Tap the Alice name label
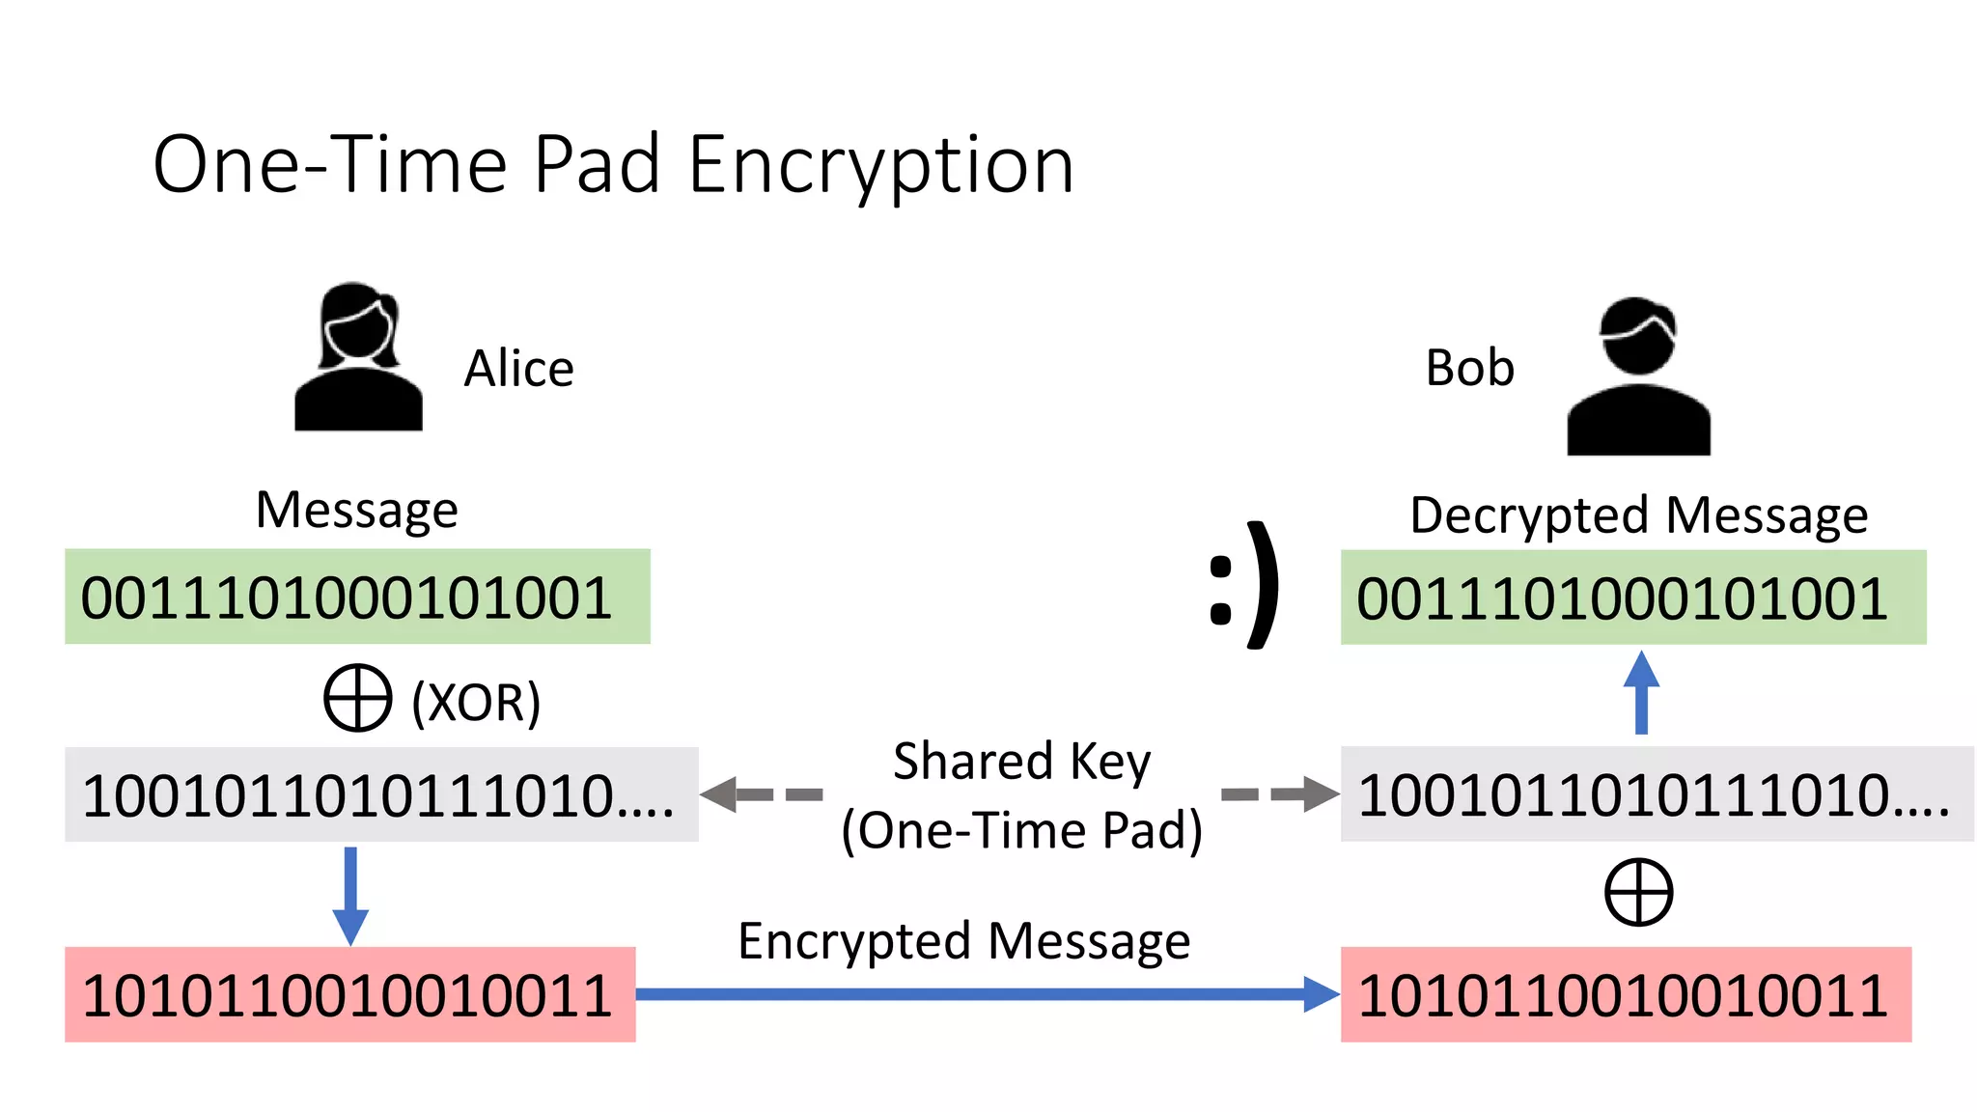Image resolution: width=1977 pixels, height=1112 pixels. click(x=519, y=369)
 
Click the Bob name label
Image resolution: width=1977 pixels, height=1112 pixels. click(x=1469, y=369)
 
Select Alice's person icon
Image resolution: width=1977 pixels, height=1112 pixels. click(x=358, y=357)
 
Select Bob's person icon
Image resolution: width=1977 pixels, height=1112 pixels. click(x=1638, y=376)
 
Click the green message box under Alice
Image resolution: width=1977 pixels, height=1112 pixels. click(x=357, y=597)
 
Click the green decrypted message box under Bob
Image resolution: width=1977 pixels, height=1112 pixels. click(x=1633, y=598)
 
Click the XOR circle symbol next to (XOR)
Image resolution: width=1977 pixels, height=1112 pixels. click(x=357, y=697)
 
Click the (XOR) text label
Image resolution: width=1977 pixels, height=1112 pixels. click(x=476, y=702)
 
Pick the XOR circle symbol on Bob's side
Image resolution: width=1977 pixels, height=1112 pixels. click(x=1638, y=892)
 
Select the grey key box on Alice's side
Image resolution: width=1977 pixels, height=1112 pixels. click(x=381, y=794)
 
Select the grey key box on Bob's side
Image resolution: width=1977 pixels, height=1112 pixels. click(x=1657, y=794)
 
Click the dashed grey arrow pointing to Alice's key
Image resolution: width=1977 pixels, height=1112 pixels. click(x=761, y=794)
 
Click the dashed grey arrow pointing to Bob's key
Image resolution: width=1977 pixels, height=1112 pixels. click(x=1280, y=794)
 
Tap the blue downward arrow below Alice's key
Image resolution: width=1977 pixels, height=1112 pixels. click(x=350, y=896)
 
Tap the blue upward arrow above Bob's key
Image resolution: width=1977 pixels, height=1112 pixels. click(x=1641, y=693)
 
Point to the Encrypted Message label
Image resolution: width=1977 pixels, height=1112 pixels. click(x=963, y=941)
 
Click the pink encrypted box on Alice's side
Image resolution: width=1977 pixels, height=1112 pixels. click(x=349, y=994)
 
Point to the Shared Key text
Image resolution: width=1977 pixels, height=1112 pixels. click(x=1021, y=762)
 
